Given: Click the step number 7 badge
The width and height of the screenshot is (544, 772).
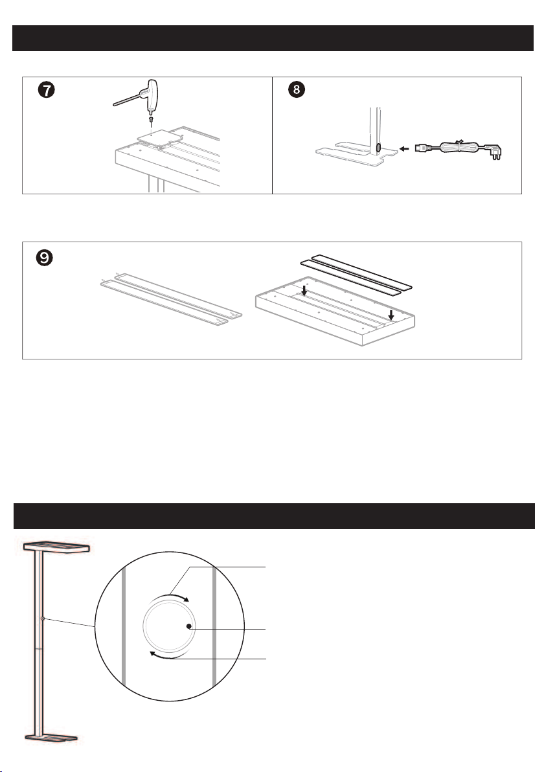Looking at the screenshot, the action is [46, 90].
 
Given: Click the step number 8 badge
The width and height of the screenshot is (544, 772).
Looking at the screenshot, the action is [297, 89].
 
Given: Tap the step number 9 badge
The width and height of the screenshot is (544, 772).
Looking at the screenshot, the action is [44, 258].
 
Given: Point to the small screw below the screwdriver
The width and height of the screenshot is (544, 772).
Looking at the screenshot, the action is [151, 122].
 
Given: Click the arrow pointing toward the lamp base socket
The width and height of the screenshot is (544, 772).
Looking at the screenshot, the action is [404, 148].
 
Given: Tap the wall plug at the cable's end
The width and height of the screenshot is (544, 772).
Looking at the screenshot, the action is [494, 151].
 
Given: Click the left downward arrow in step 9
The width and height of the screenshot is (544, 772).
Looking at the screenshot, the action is [304, 291].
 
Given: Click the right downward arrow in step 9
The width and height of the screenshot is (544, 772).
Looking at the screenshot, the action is [391, 315].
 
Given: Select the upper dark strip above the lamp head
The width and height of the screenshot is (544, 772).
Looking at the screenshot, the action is [362, 270].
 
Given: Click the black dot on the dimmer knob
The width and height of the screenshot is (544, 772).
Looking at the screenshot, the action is [189, 626].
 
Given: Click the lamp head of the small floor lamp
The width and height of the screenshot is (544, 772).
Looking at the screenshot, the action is [56, 547].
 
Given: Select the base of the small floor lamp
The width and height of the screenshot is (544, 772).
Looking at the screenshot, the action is [51, 738].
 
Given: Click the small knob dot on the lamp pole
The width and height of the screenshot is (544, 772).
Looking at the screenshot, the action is [43, 619].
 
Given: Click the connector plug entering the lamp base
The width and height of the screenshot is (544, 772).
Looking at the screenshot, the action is [422, 148].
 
